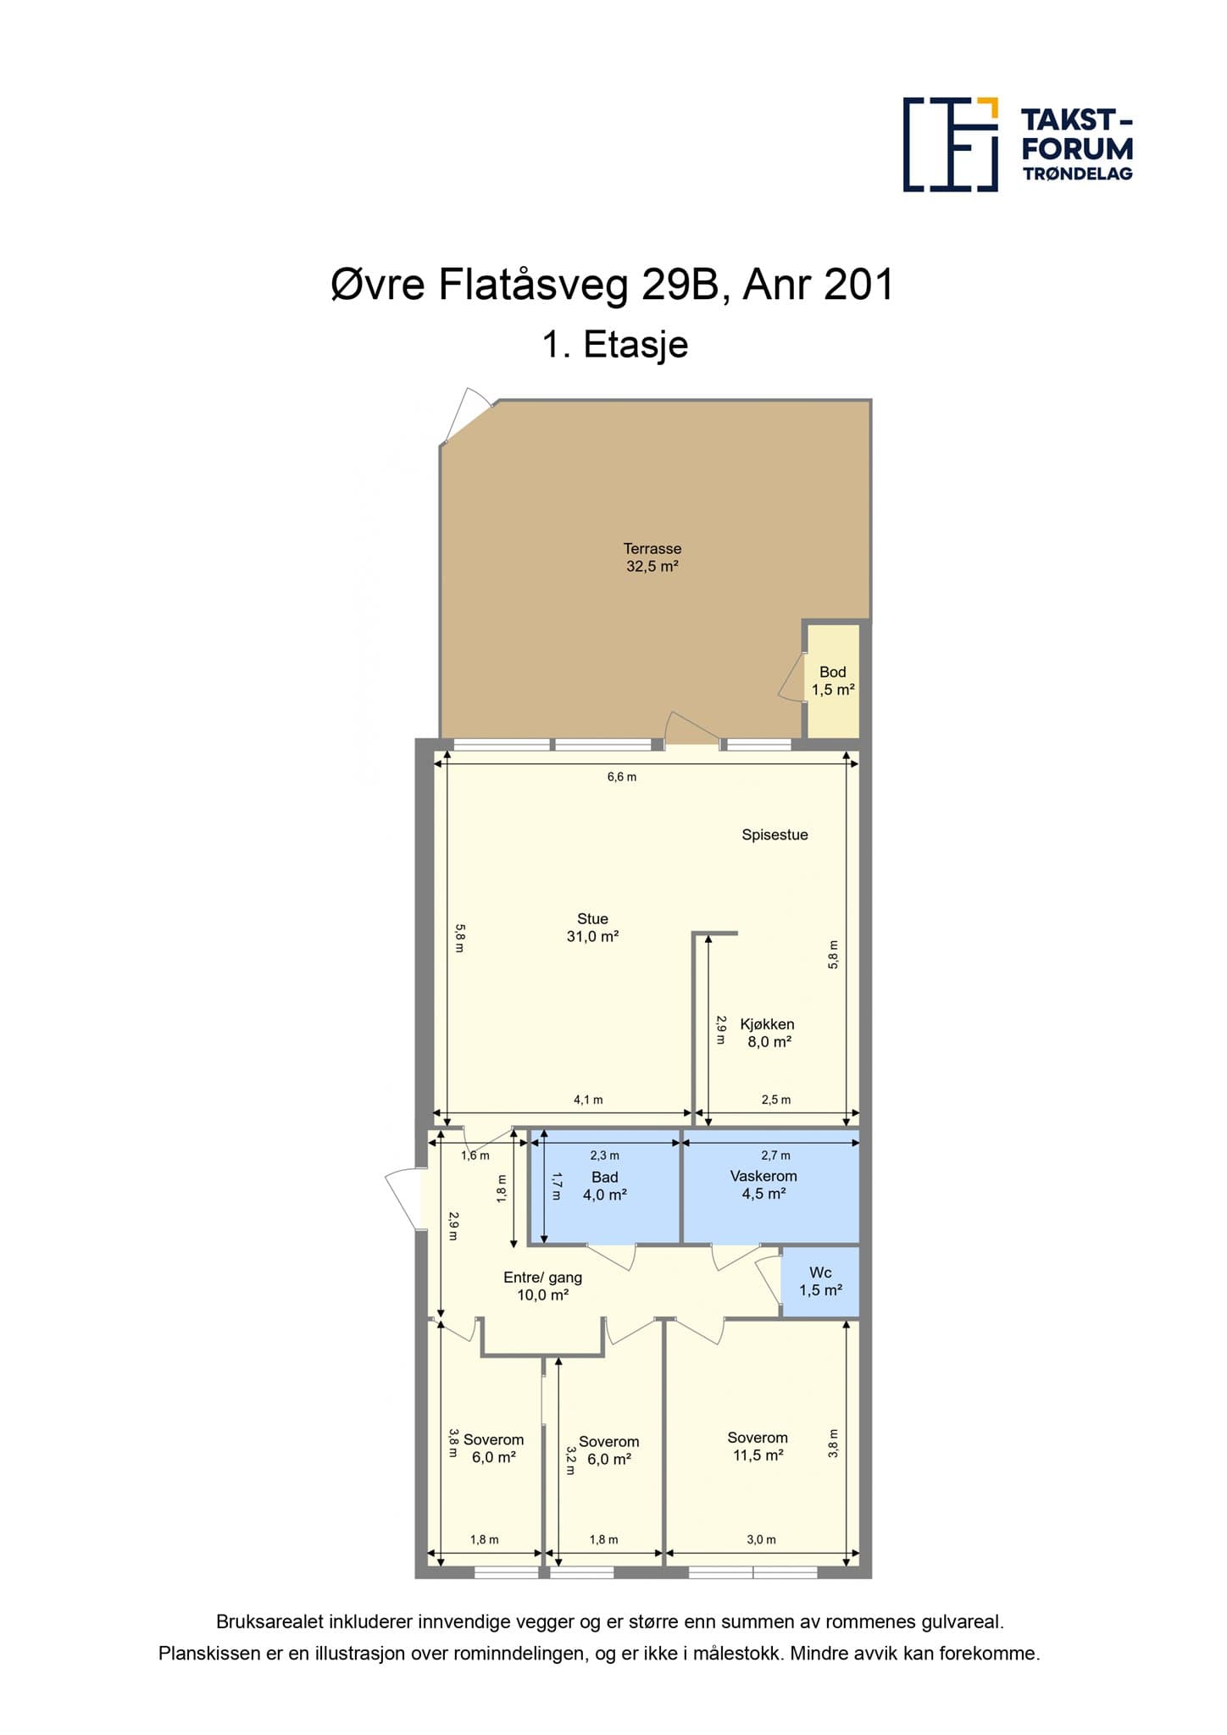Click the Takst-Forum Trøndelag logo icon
click(x=951, y=144)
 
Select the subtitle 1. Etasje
click(x=614, y=345)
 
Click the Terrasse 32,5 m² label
click(x=652, y=557)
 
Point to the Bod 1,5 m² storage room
click(x=832, y=680)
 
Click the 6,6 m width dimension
click(x=622, y=777)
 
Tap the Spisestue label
click(x=775, y=834)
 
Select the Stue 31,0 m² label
click(x=592, y=928)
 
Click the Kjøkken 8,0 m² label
click(x=768, y=1033)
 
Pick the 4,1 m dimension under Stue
click(x=588, y=1100)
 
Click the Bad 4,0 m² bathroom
click(x=605, y=1186)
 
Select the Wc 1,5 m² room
click(x=820, y=1281)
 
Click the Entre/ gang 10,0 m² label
click(x=542, y=1286)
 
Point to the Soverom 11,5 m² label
click(x=758, y=1446)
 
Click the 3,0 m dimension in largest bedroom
click(x=761, y=1539)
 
